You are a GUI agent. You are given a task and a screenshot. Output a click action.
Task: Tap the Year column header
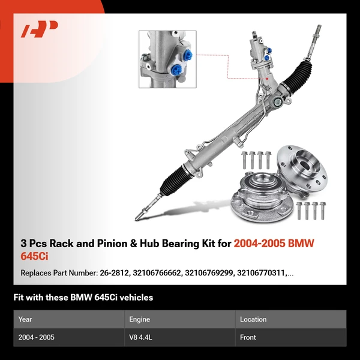25,319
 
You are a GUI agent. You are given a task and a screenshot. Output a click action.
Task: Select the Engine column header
139,319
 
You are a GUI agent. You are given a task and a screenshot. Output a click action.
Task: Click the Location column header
253,319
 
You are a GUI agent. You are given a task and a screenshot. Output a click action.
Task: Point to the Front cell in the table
248,337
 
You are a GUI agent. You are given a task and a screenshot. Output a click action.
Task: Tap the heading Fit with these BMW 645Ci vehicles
83,297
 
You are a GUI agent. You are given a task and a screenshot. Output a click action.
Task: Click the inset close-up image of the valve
167,60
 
